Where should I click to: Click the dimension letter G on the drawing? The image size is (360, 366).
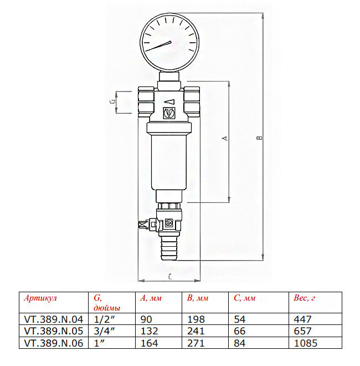(x=112, y=102)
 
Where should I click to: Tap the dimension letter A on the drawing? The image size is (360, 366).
(x=224, y=139)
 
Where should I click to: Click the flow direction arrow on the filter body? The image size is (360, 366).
(x=169, y=101)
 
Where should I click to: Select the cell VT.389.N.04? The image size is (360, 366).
(x=53, y=319)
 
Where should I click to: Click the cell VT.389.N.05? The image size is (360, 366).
(x=53, y=331)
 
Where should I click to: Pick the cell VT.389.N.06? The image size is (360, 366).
(x=53, y=343)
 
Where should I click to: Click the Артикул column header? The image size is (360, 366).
(x=40, y=298)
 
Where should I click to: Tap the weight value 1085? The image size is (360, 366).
(x=306, y=343)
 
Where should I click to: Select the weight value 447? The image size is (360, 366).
(x=302, y=319)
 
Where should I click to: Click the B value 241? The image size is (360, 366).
(x=196, y=331)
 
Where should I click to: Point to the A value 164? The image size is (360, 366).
(x=149, y=343)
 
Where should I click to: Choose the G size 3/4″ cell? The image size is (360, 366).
(x=101, y=331)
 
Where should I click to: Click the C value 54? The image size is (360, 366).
(x=240, y=319)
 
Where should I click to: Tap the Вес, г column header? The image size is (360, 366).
(x=304, y=298)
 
